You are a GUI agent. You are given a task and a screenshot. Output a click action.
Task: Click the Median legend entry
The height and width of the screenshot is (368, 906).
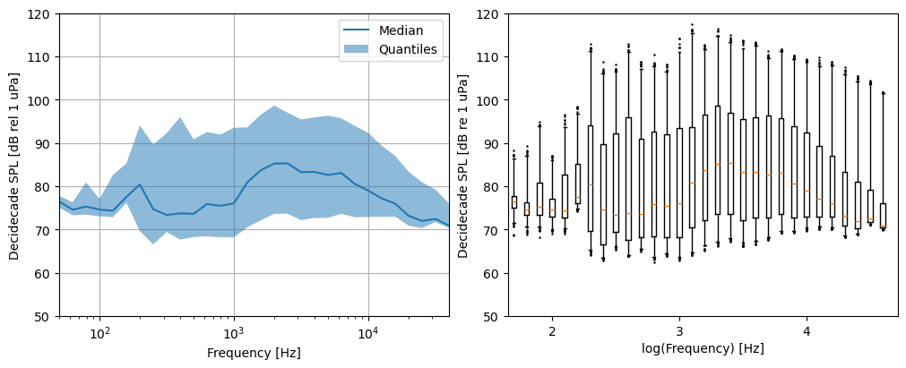[x=391, y=30]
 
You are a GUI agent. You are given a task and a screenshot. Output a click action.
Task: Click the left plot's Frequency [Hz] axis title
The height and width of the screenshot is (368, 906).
[x=255, y=353]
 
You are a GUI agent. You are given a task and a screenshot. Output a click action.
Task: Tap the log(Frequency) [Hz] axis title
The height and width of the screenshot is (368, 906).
[x=703, y=348]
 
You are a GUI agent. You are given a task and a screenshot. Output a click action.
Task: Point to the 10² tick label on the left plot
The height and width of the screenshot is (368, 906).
[x=100, y=334]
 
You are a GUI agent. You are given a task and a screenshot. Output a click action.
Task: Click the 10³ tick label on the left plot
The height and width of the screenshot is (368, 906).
[x=235, y=334]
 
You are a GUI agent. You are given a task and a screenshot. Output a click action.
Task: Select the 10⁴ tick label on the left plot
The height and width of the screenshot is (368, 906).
[x=368, y=334]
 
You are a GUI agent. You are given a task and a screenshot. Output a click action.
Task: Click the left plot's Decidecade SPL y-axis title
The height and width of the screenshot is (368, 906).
[x=13, y=165]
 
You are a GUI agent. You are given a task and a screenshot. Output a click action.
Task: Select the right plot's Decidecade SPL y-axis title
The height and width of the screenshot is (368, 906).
[x=462, y=167]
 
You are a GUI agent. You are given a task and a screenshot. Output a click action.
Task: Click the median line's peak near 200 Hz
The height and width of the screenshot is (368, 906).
[x=140, y=184]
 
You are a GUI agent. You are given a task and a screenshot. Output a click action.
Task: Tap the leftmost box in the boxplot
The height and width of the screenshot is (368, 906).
[x=514, y=202]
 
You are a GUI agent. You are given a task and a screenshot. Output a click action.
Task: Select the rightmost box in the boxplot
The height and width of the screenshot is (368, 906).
[x=883, y=216]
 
